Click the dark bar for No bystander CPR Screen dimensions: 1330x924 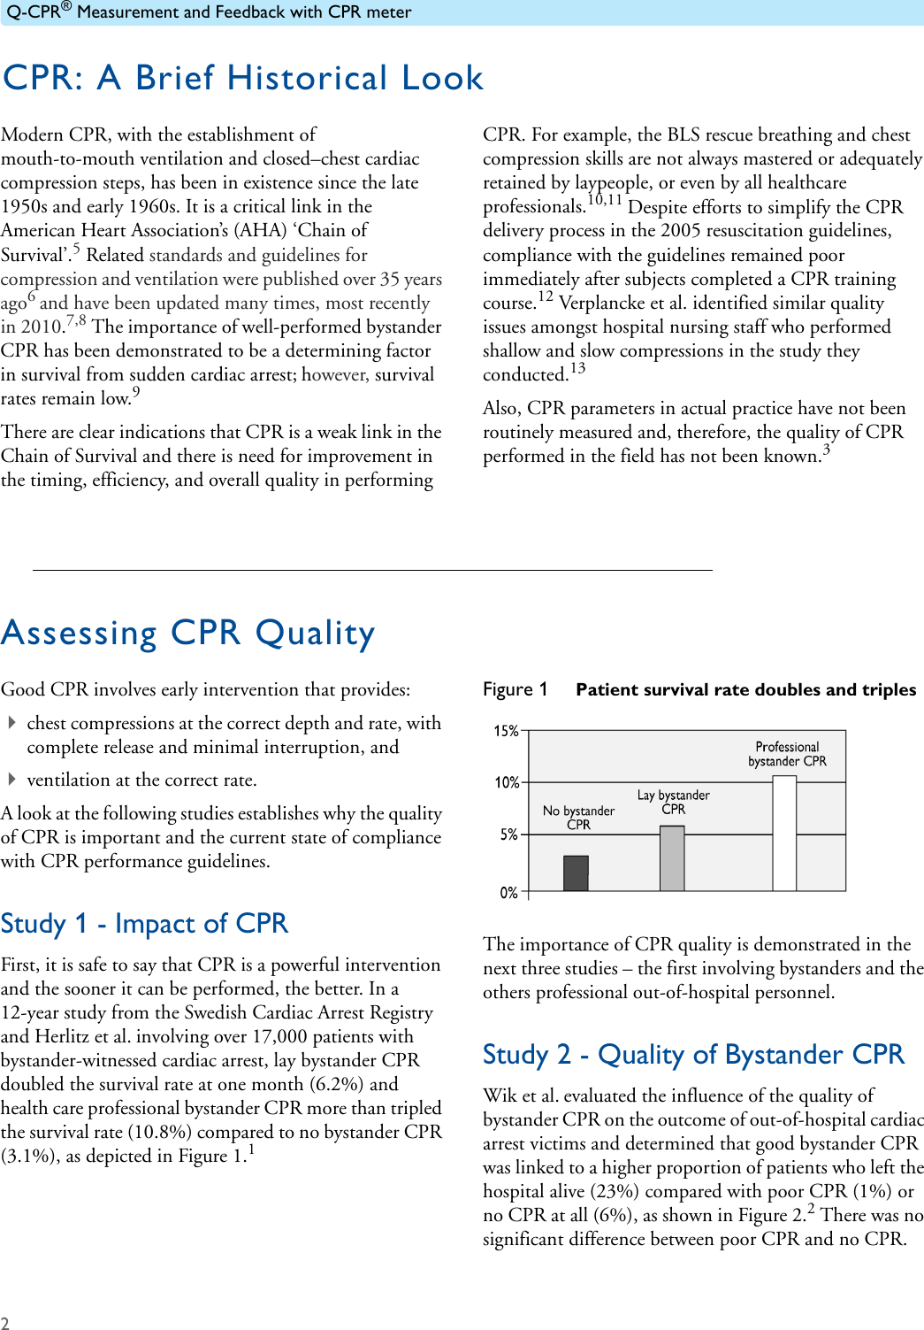point(576,873)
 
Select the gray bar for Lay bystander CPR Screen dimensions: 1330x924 point(672,858)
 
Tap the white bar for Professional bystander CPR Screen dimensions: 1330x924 point(784,833)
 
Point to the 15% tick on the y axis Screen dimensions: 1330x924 point(506,731)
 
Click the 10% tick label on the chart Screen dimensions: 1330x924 point(506,783)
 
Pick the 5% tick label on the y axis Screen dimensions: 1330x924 point(508,834)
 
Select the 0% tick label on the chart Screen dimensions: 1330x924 point(508,893)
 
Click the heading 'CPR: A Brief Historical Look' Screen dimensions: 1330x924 point(243,78)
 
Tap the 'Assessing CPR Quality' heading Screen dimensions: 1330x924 point(188,633)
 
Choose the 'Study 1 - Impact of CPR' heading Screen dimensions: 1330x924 point(144,923)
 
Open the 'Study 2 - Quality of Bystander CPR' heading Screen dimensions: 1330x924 point(693,1054)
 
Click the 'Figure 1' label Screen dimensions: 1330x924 point(515,689)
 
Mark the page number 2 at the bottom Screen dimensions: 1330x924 point(5,1323)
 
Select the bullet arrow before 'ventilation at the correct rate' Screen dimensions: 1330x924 point(12,780)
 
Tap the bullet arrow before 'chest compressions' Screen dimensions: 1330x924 point(12,723)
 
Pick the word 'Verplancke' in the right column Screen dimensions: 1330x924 point(601,303)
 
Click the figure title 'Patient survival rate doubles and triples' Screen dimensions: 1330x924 point(745,689)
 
